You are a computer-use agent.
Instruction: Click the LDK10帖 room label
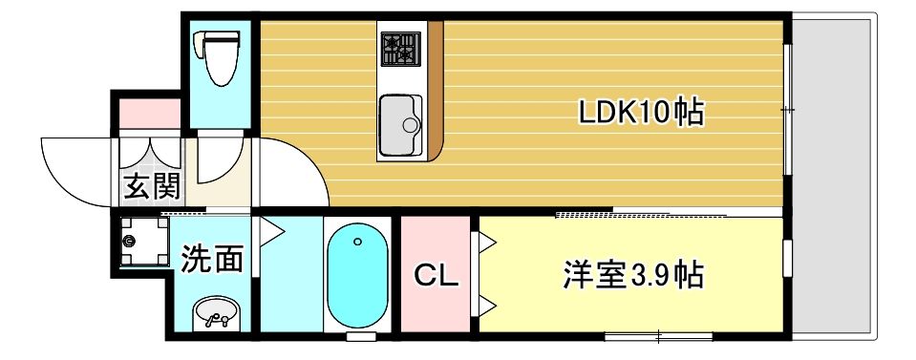(x=641, y=114)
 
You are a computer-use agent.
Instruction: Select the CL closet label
(x=437, y=277)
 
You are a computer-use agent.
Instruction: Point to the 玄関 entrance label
(x=150, y=186)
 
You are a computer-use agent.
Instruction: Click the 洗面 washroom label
(x=212, y=258)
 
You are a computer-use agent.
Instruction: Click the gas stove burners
(x=400, y=48)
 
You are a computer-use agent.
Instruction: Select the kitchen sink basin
(x=399, y=124)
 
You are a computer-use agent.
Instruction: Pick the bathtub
(x=357, y=277)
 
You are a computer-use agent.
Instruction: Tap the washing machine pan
(x=144, y=243)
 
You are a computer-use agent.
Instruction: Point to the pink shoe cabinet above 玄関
(x=149, y=113)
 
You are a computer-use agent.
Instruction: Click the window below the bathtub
(x=360, y=337)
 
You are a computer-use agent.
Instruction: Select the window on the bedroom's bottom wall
(x=659, y=336)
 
